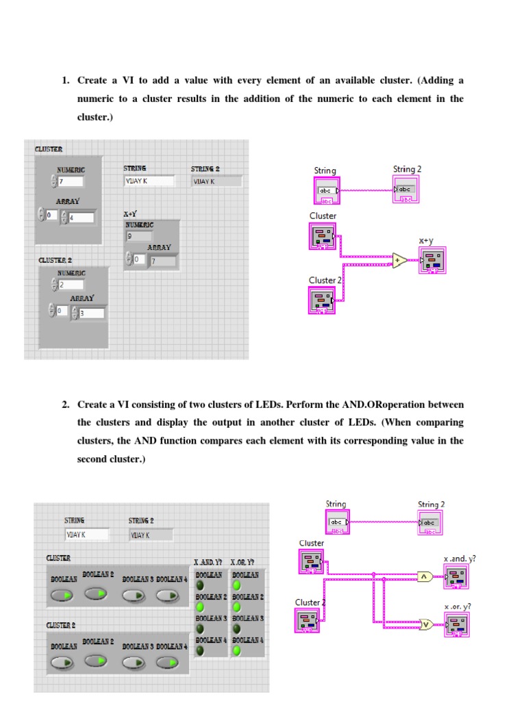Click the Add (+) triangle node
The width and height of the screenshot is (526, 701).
pos(399,259)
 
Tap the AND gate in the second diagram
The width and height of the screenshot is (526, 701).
pos(425,577)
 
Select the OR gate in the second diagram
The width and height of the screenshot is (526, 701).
pos(425,624)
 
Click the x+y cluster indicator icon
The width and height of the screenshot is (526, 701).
pos(432,261)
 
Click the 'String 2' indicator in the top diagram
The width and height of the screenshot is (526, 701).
pos(405,189)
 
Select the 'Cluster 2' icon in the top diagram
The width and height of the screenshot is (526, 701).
pos(321,300)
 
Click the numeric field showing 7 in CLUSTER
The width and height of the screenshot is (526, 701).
pos(71,181)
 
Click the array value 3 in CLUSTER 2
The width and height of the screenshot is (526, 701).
pos(90,313)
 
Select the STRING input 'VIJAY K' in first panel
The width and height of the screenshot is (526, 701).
pos(149,181)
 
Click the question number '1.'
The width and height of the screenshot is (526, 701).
pos(66,81)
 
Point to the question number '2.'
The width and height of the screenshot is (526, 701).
pos(66,405)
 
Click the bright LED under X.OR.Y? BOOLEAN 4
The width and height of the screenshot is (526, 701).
pos(236,650)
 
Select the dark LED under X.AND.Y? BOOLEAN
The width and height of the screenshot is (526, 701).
pos(199,586)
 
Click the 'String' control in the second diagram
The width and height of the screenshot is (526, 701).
pos(336,522)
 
